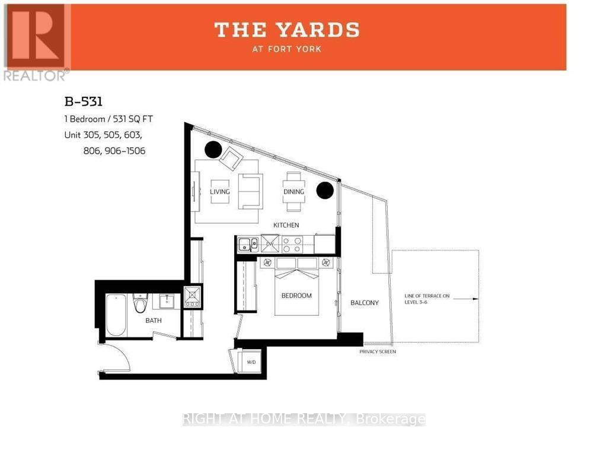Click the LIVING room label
click(x=219, y=192)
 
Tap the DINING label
click(x=294, y=192)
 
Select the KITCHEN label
click(x=286, y=226)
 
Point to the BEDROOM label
click(x=296, y=296)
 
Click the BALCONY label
click(x=365, y=303)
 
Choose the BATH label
click(x=154, y=321)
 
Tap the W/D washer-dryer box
click(x=251, y=362)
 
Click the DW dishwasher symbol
click(x=270, y=243)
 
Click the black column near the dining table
click(x=324, y=190)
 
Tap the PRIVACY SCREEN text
click(x=378, y=352)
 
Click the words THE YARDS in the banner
click(x=287, y=30)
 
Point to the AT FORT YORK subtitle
click(x=287, y=49)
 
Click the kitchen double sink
click(x=248, y=243)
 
